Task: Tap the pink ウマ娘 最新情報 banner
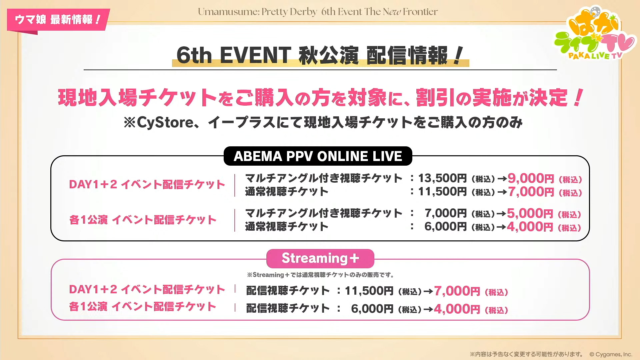coord(58,20)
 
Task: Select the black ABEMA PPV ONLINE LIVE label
coord(318,156)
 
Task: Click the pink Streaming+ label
coord(320,258)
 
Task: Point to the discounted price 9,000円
coord(531,178)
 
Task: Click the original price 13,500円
coord(442,178)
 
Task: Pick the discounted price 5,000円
coord(530,213)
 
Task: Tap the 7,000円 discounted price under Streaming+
coord(457,291)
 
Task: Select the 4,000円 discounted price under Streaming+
coord(457,309)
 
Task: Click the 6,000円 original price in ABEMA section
coord(446,227)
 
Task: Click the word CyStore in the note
coord(165,123)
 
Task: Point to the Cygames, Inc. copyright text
coord(611,354)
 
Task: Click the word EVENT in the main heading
coord(255,55)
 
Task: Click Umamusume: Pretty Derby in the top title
coord(257,12)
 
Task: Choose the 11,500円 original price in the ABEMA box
coord(442,192)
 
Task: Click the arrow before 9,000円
coord(502,179)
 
